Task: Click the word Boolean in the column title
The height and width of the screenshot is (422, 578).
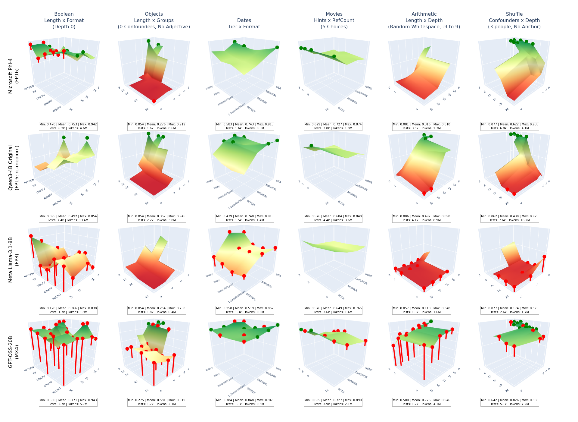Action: (64, 14)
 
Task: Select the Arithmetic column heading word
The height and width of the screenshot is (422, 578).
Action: (424, 14)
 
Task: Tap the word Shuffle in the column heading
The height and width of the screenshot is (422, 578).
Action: (514, 14)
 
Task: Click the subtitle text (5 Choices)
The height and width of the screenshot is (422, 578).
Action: (334, 27)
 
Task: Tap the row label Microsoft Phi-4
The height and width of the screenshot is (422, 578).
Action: (11, 76)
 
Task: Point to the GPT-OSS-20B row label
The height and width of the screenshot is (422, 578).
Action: (11, 352)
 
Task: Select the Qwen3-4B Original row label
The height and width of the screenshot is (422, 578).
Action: (11, 168)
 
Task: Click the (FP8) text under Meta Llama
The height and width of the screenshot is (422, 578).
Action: (17, 260)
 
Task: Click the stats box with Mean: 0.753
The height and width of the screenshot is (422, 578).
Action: (68, 126)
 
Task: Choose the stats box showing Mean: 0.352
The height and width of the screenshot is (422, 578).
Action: (157, 218)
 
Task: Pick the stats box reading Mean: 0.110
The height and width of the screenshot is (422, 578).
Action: (421, 310)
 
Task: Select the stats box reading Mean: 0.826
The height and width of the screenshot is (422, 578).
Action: (510, 402)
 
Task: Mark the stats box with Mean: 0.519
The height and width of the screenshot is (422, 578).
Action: (245, 310)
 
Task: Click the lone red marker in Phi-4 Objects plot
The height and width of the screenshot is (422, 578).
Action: (154, 101)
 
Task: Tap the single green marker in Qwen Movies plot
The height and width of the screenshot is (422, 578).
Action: (311, 146)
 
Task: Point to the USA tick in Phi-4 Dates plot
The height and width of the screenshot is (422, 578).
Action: (278, 88)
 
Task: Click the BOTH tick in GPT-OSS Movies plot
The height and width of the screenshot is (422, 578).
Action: (341, 391)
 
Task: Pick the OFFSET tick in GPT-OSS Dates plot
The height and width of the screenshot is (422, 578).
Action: (251, 391)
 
